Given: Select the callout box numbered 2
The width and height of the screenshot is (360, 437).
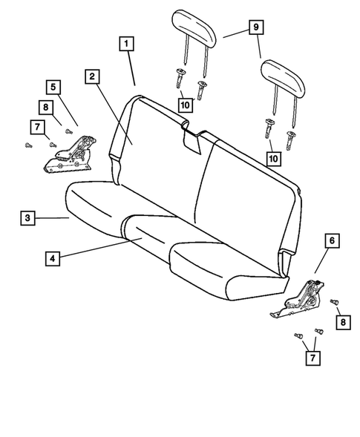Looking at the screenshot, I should (92, 76).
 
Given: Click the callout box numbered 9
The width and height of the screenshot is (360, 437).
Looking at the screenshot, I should (255, 27).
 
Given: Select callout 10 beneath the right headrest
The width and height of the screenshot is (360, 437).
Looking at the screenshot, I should (275, 158).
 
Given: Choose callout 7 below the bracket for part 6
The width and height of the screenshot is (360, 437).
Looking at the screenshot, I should (312, 359).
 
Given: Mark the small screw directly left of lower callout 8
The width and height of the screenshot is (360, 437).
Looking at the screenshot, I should (332, 302).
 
